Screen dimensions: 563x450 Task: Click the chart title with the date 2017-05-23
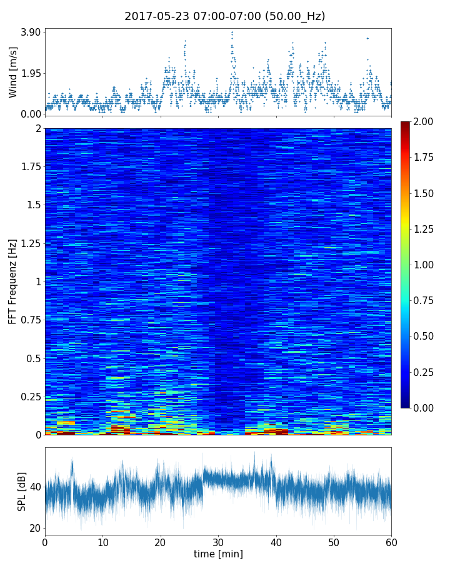pyautogui.click(x=224, y=16)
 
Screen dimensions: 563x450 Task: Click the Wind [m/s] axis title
pyautogui.click(x=13, y=71)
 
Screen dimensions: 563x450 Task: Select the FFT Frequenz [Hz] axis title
pyautogui.click(x=12, y=281)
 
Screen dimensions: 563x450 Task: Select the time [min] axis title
pyautogui.click(x=218, y=554)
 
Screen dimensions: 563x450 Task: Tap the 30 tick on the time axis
pyautogui.click(x=218, y=541)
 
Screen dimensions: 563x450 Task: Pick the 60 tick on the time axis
pyautogui.click(x=391, y=541)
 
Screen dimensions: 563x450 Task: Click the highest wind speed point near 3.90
pyautogui.click(x=232, y=32)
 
